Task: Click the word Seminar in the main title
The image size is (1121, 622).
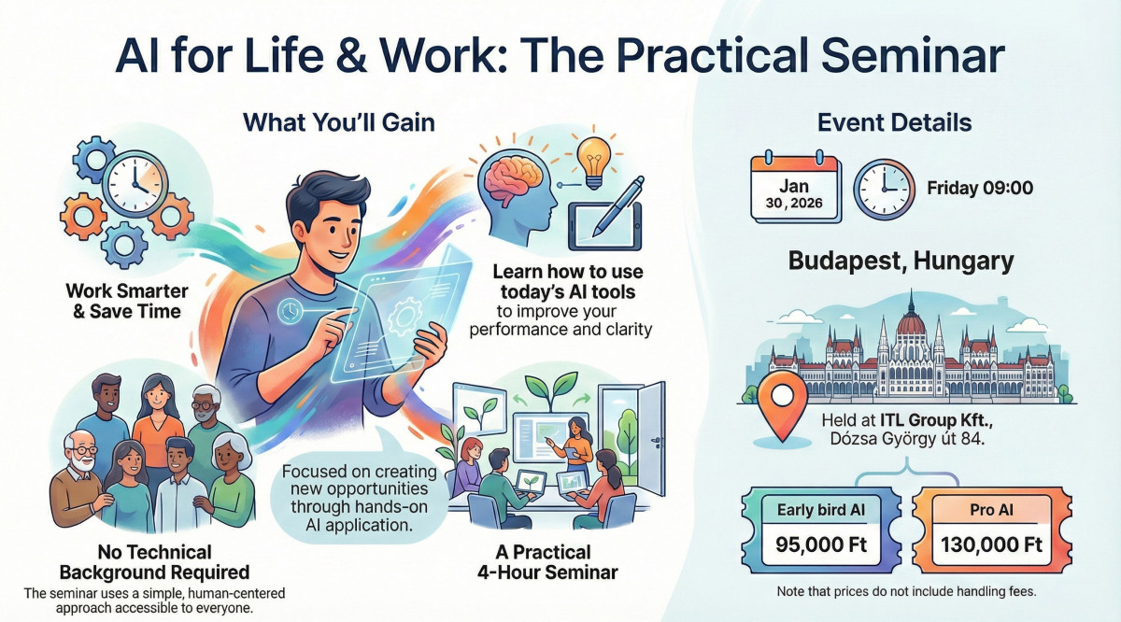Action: (x=913, y=55)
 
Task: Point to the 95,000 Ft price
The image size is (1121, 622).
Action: (x=821, y=544)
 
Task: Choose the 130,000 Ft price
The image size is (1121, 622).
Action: (x=991, y=544)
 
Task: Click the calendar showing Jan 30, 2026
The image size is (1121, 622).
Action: (x=796, y=189)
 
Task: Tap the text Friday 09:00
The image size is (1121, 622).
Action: (x=980, y=188)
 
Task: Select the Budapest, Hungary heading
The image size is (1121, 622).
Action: (x=901, y=261)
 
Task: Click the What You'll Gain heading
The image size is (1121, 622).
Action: (x=339, y=122)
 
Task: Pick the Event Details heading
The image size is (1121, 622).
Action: (x=894, y=122)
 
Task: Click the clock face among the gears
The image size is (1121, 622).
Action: (x=135, y=184)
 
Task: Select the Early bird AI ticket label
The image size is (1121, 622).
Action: (x=821, y=510)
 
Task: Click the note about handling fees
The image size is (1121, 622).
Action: (x=906, y=591)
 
